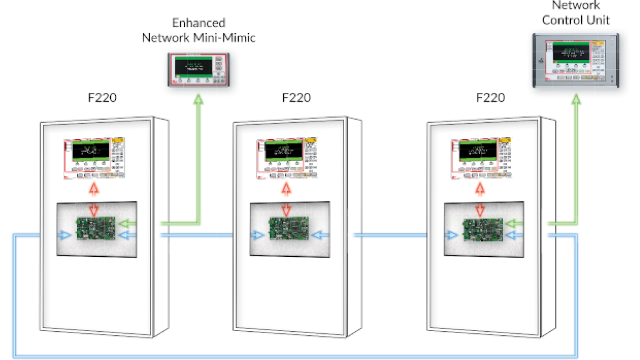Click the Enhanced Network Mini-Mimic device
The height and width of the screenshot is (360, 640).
click(198, 70)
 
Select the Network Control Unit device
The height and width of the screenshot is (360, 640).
click(575, 60)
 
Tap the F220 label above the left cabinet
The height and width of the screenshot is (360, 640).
click(102, 98)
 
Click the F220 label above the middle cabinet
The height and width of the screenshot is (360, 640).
click(296, 98)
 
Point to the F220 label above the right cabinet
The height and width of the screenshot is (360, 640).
click(490, 98)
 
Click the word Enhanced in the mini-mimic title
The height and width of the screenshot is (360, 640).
click(199, 23)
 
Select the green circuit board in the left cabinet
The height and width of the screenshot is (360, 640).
click(96, 228)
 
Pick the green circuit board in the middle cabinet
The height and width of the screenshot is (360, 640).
click(289, 228)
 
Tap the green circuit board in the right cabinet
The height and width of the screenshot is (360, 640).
click(483, 230)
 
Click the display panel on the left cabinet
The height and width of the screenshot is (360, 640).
click(94, 158)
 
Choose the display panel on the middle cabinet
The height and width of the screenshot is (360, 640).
click(287, 158)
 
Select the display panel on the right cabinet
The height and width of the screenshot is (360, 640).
click(482, 158)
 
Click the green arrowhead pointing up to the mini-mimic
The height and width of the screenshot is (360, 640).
click(198, 100)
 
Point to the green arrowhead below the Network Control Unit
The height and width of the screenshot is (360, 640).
click(576, 100)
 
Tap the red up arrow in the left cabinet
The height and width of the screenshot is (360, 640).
click(94, 188)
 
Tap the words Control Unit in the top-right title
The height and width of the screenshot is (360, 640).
click(576, 20)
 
